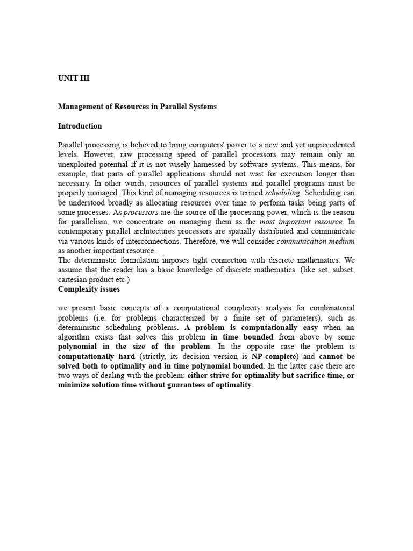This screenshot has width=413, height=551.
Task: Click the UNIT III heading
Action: click(x=74, y=78)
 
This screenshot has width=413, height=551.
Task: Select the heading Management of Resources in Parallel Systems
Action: click(x=137, y=107)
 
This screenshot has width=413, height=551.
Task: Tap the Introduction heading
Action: click(x=80, y=126)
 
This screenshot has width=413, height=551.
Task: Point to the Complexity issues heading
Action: click(x=89, y=289)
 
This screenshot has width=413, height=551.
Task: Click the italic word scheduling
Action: click(x=284, y=193)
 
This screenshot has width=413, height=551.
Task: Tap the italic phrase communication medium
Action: click(x=316, y=241)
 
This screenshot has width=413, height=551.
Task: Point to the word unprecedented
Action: click(x=327, y=145)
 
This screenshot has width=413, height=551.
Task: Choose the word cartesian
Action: click(x=73, y=280)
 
